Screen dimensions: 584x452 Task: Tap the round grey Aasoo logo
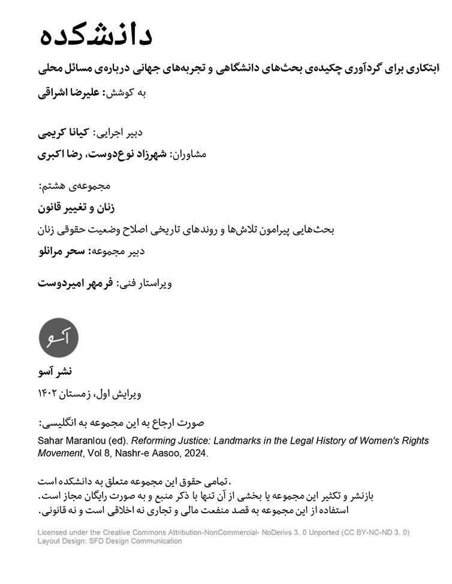point(58,338)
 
